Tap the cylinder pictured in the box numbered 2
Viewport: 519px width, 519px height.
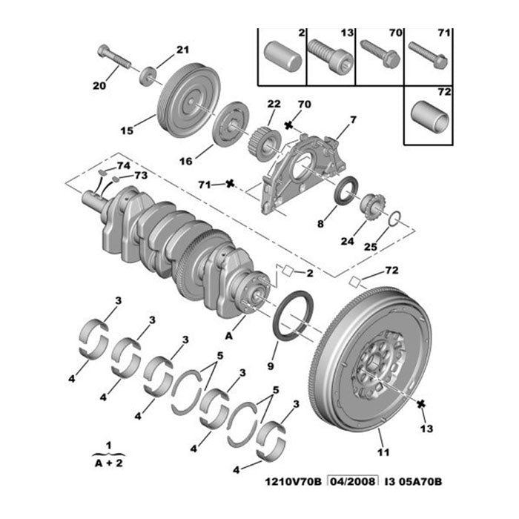tap(282, 57)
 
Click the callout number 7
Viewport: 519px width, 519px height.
tap(353, 119)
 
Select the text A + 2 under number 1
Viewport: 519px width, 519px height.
tap(108, 460)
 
